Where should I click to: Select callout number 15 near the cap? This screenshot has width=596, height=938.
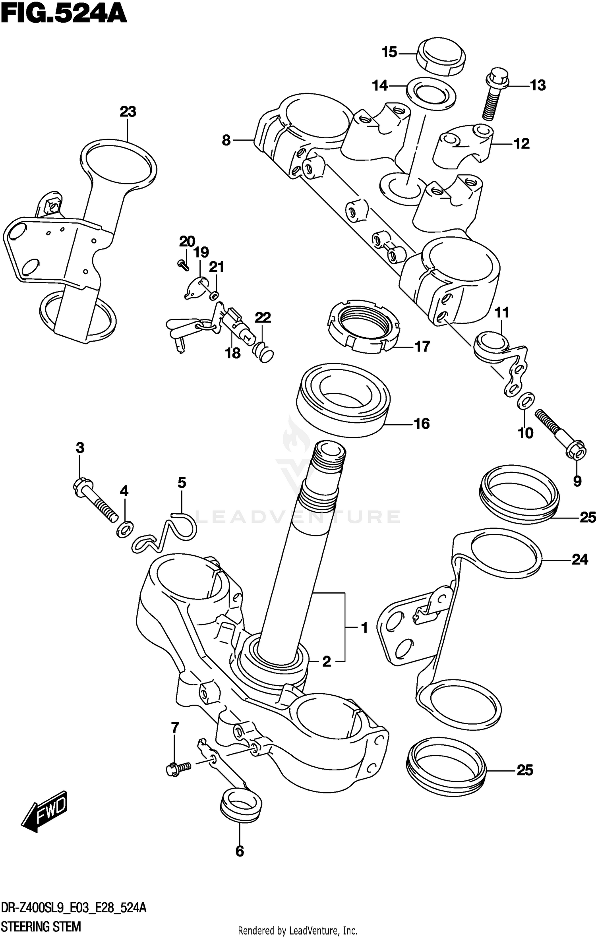click(x=389, y=52)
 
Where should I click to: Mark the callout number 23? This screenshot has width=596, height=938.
click(x=128, y=112)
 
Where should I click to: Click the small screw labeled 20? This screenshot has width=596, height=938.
click(x=184, y=265)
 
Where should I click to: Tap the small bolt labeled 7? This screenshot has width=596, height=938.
click(x=177, y=769)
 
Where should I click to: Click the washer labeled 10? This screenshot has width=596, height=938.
click(x=526, y=401)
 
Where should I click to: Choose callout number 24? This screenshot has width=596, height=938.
click(x=580, y=560)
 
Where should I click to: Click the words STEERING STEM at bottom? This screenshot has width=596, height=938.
click(x=41, y=927)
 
